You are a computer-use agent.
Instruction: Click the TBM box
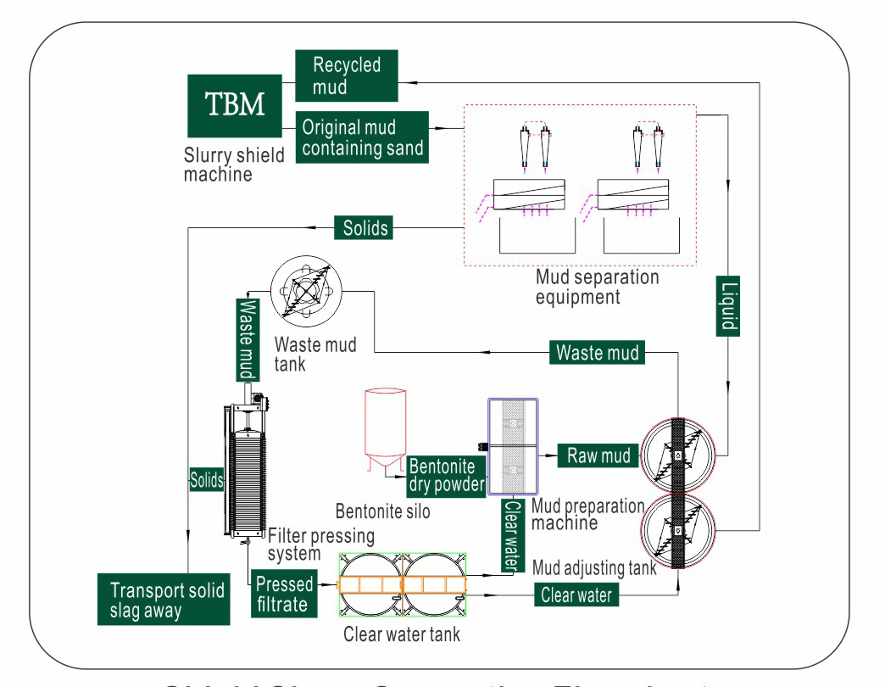pos(235,106)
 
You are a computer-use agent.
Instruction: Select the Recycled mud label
pos(346,75)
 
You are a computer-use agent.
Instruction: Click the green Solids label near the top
pos(365,227)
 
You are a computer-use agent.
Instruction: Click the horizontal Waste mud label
pos(598,351)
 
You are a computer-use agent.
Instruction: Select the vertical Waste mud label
pos(247,339)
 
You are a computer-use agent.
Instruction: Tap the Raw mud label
pos(598,455)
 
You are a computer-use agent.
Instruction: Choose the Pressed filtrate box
pos(285,594)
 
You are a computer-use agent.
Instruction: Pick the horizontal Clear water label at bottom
pos(576,595)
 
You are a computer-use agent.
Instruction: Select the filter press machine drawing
pos(247,466)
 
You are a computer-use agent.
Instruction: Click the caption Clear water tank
pos(402,634)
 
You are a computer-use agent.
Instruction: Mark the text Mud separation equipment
pos(596,287)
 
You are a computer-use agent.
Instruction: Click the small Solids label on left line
pos(206,480)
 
